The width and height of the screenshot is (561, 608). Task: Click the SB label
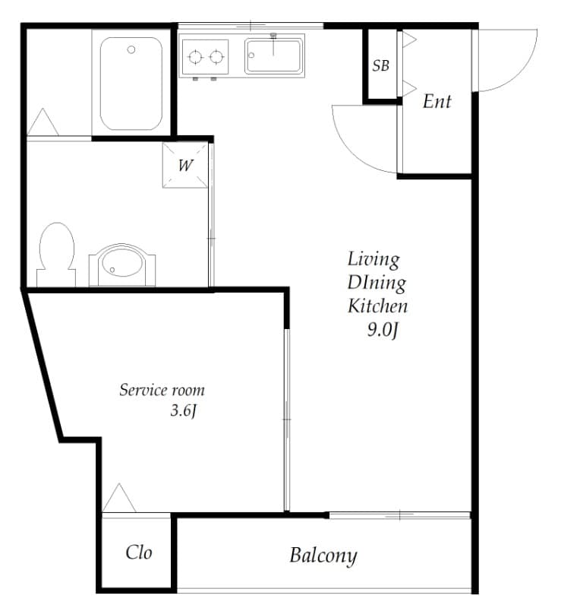(x=380, y=65)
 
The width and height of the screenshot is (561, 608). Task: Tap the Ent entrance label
(x=437, y=101)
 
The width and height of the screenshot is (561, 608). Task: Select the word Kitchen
(x=378, y=306)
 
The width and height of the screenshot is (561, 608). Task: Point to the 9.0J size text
(x=383, y=330)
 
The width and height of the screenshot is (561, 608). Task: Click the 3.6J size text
(x=184, y=410)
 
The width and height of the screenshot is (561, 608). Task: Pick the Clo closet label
(x=139, y=553)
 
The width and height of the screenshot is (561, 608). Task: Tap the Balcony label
(x=323, y=556)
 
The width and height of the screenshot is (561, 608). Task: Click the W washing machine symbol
(x=185, y=166)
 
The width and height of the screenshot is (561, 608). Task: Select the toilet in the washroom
(x=57, y=254)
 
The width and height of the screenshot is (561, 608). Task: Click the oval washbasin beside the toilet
(x=122, y=264)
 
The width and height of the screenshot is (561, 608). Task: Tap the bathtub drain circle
(x=131, y=49)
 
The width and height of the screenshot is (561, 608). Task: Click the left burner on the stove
(x=195, y=57)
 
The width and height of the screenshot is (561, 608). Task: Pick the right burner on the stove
(x=216, y=57)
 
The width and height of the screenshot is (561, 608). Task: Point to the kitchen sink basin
(x=274, y=55)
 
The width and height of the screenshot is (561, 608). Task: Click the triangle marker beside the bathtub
(x=43, y=122)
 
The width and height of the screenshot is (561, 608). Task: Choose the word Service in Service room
(x=143, y=390)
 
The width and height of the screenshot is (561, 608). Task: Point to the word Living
(x=373, y=259)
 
